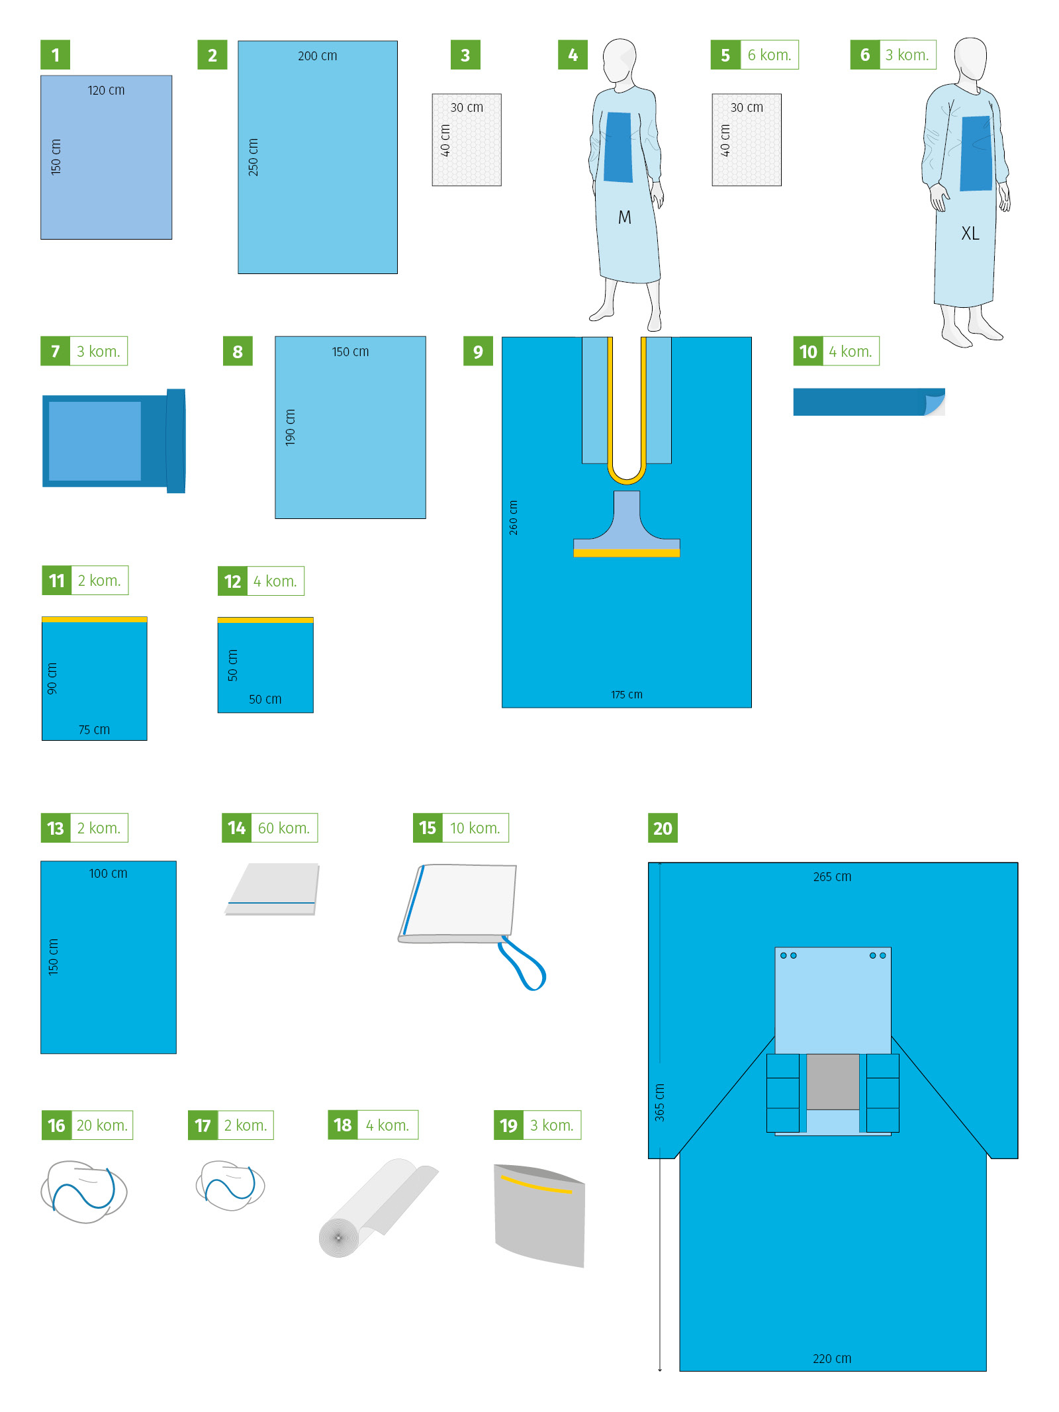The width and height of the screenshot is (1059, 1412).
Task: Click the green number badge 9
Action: pos(478,352)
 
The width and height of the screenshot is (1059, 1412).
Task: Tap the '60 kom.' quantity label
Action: pos(284,828)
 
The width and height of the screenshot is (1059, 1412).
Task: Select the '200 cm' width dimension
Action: pos(317,56)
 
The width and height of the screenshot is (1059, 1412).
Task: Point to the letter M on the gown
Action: pos(624,217)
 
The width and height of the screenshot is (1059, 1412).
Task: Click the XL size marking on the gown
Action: pos(970,233)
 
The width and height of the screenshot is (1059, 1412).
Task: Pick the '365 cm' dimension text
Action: pos(659,1102)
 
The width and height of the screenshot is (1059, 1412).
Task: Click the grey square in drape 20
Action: pos(833,1081)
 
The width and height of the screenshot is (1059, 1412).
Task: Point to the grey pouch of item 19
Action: pos(539,1216)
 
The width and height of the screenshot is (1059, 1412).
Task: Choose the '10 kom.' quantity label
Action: pos(475,828)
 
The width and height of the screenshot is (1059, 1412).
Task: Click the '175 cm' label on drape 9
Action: pos(626,694)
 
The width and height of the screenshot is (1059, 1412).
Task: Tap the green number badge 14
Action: pos(236,828)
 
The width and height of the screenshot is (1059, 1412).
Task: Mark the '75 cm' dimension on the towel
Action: pos(94,730)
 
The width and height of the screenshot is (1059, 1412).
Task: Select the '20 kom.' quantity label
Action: pos(102,1125)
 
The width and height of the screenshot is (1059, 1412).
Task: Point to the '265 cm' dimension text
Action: pos(832,876)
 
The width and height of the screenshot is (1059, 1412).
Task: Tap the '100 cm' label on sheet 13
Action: pos(108,873)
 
